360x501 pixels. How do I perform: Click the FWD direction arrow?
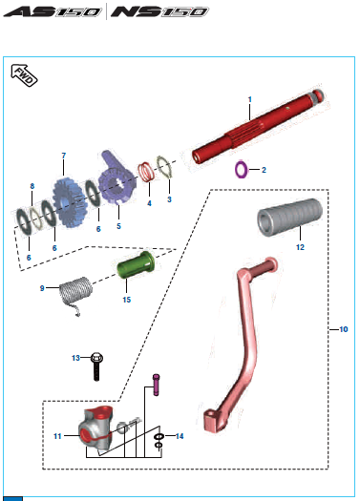click(x=24, y=75)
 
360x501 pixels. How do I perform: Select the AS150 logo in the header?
click(x=53, y=11)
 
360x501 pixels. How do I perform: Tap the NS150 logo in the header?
click(x=159, y=11)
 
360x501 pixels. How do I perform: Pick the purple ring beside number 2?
click(x=241, y=170)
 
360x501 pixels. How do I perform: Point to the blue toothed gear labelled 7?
click(x=68, y=202)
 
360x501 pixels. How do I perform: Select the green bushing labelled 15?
click(x=136, y=264)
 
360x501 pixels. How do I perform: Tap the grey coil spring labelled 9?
click(x=76, y=291)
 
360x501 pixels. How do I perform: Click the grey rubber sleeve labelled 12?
click(x=289, y=217)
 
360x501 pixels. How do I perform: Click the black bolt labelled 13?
click(x=96, y=366)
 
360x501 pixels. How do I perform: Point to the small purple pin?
click(x=156, y=385)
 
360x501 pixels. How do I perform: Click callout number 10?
click(x=344, y=329)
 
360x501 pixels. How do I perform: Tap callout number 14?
click(x=180, y=436)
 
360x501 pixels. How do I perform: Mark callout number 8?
click(x=32, y=186)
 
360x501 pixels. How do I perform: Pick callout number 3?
click(x=169, y=199)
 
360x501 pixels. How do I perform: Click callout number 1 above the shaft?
click(x=250, y=99)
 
